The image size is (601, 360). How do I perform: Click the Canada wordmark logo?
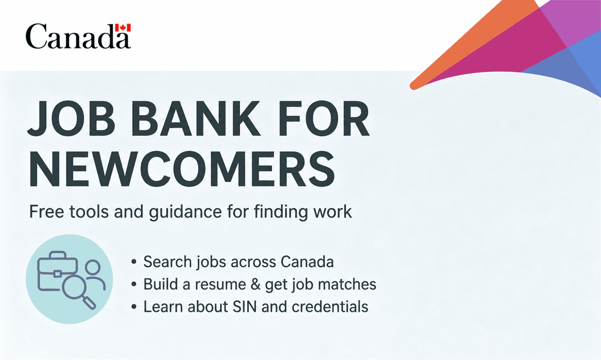point(78,36)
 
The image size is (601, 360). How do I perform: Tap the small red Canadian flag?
point(123,28)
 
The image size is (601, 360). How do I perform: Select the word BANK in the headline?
point(196,119)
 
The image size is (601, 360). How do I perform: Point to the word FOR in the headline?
point(324,119)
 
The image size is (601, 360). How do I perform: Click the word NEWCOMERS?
point(182,169)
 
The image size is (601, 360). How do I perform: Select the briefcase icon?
point(57,271)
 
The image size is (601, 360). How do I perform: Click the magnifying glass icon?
point(78,292)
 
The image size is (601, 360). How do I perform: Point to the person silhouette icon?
point(95,274)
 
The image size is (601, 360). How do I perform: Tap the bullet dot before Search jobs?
point(134,262)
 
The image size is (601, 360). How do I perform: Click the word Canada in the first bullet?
point(307,262)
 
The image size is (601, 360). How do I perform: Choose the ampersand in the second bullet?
point(255,284)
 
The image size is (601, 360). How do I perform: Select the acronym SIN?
point(245,307)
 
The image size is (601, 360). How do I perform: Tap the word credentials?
point(330,307)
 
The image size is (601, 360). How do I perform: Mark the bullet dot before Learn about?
point(134,307)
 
